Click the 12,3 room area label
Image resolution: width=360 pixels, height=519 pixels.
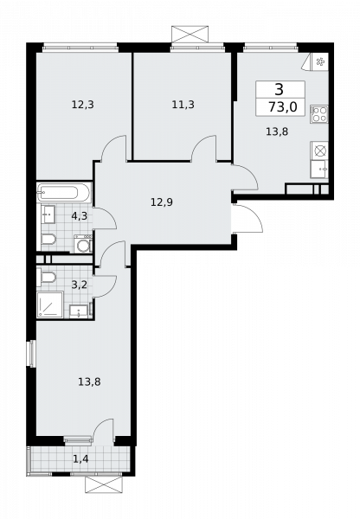(x=83, y=105)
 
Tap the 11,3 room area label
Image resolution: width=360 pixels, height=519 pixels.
(x=183, y=105)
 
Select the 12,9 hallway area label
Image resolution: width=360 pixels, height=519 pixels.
(x=162, y=202)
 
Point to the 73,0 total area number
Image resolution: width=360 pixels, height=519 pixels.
(x=282, y=107)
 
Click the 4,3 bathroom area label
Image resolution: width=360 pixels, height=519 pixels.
(x=79, y=216)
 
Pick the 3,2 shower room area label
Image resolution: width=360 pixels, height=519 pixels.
(x=79, y=285)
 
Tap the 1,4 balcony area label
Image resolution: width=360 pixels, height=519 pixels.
(x=80, y=459)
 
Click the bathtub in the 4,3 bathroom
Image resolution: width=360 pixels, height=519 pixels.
(x=64, y=192)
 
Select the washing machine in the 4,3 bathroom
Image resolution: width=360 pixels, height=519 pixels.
(x=83, y=244)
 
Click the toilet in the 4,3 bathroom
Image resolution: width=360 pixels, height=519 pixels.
(x=48, y=239)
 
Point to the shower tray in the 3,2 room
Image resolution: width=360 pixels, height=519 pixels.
(x=50, y=304)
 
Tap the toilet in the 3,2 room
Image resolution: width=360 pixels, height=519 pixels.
(x=48, y=277)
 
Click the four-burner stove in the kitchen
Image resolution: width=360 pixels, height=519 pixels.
(x=319, y=114)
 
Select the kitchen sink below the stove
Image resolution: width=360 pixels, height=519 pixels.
(x=319, y=170)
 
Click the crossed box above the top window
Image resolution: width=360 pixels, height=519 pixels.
(x=190, y=34)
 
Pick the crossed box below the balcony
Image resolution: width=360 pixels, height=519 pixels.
(x=104, y=484)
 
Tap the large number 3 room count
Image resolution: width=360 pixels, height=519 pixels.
(x=280, y=89)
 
